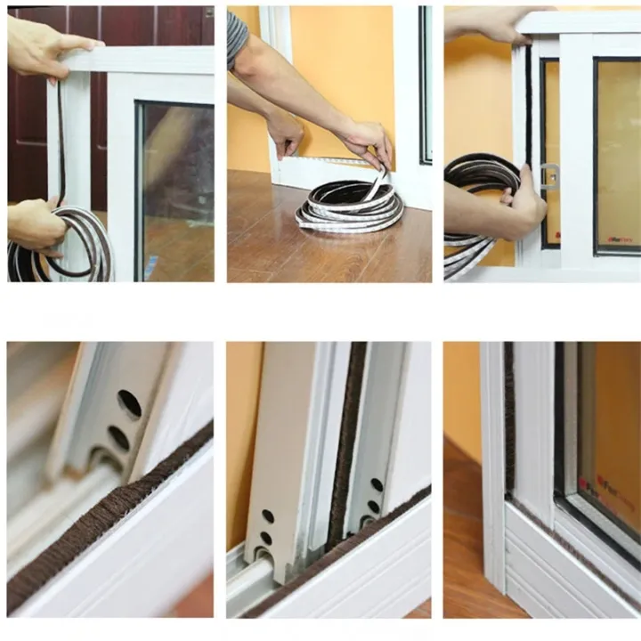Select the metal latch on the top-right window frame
[550, 176]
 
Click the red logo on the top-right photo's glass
[620, 239]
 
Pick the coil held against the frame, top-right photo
[481, 191]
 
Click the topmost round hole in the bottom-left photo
[129, 403]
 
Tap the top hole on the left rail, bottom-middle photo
[268, 516]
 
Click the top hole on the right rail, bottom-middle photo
[377, 485]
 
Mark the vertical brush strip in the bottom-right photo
[509, 418]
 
